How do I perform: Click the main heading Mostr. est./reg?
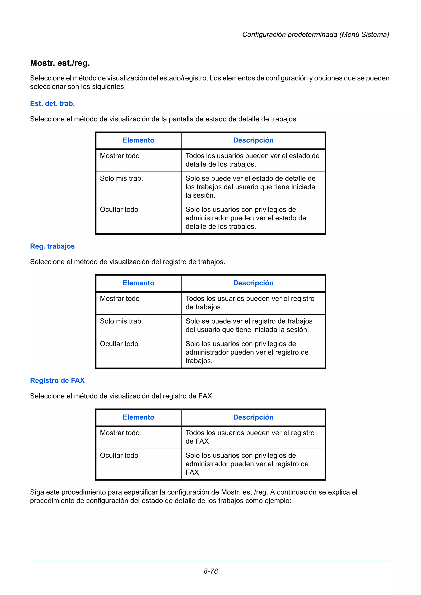pos(60,63)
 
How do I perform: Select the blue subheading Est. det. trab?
pos(52,103)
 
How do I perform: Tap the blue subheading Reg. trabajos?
pos(52,246)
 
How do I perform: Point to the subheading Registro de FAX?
pos(57,380)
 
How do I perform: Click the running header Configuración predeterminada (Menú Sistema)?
pos(315,34)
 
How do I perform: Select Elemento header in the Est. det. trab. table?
pos(138,140)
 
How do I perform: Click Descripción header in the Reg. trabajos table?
pos(253,283)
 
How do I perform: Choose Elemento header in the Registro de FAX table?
pos(138,417)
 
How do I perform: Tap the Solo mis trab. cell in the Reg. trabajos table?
pos(121,321)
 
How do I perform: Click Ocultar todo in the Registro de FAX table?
pos(119,455)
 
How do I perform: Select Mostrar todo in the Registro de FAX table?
pos(120,433)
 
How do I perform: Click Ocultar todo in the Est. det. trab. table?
pos(119,209)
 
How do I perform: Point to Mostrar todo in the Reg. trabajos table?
pos(120,299)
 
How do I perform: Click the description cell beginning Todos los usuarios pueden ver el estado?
pos(252,160)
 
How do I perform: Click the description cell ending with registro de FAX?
pos(247,464)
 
